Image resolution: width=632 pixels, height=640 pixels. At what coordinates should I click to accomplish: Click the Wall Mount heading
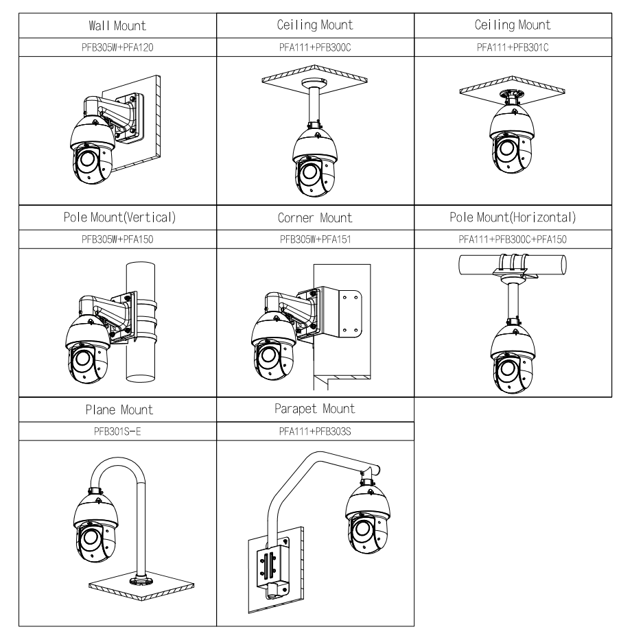117,25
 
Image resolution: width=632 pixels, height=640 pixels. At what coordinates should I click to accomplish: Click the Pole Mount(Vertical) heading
117,218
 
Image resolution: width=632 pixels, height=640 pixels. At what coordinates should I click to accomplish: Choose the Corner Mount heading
316,218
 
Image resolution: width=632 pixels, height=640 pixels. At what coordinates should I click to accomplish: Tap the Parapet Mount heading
316,410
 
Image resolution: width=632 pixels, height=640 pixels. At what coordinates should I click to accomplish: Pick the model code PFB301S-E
117,432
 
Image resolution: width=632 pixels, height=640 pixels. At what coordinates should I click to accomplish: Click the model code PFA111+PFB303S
316,432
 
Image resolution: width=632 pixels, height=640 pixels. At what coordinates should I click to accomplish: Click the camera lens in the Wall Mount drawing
86,161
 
